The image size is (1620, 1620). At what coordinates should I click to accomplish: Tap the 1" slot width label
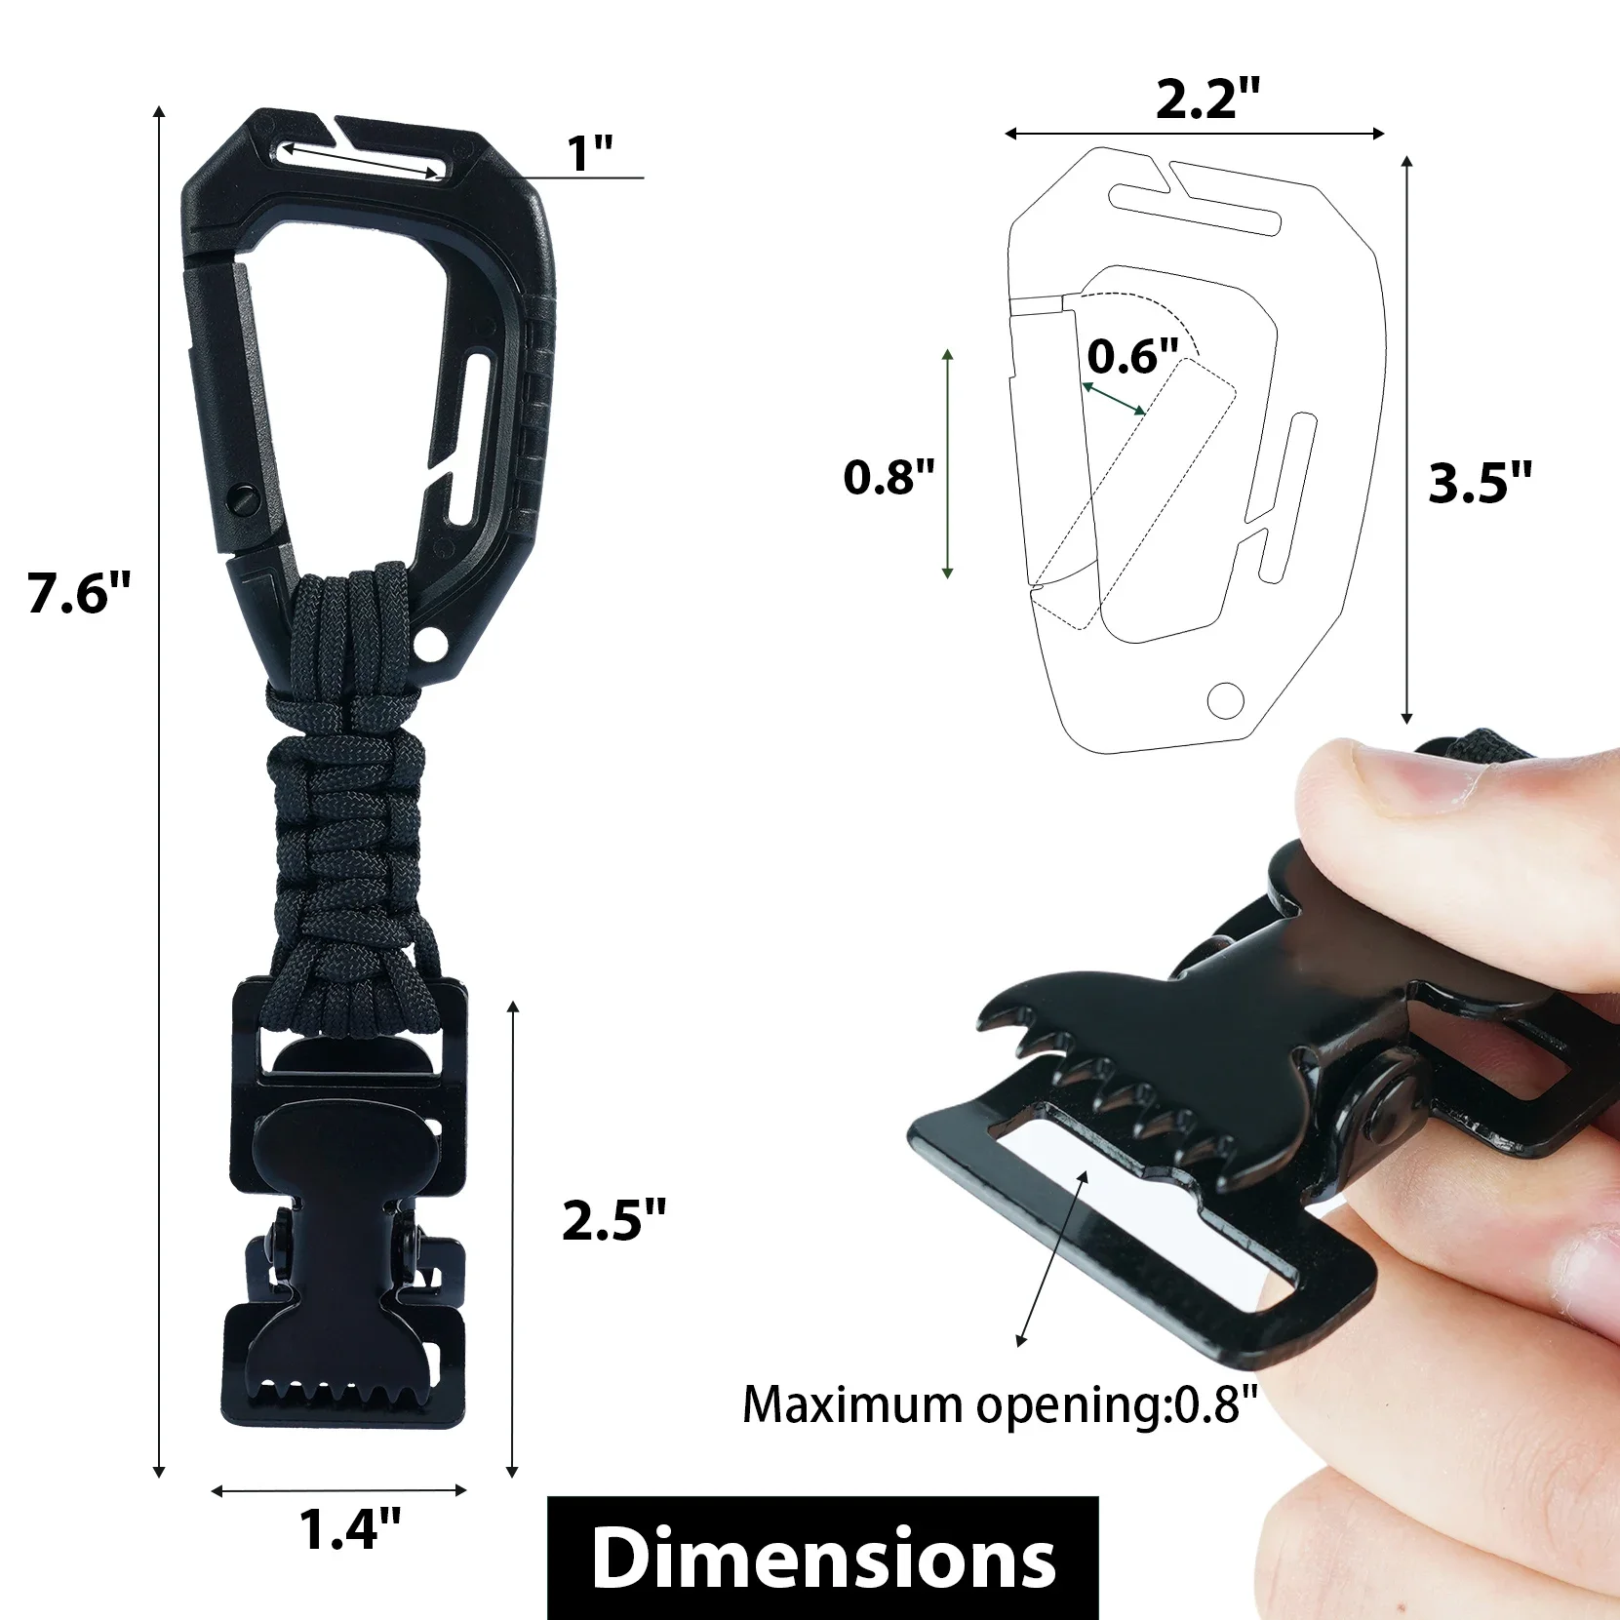point(590,153)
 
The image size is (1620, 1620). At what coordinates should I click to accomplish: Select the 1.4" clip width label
point(349,1528)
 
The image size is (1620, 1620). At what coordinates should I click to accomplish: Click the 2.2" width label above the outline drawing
point(1207,99)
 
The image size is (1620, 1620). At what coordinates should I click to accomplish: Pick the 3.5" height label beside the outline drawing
point(1480,482)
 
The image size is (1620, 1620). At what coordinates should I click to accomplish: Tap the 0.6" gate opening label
point(1132,357)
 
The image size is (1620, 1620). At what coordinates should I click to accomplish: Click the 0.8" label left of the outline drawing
point(889,477)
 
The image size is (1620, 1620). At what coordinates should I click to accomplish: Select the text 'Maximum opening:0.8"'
point(1000,1405)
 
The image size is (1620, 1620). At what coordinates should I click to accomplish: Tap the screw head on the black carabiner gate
point(237,498)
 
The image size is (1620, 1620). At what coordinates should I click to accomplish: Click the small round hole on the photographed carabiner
point(430,643)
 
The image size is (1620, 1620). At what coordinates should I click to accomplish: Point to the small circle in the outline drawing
point(1226,700)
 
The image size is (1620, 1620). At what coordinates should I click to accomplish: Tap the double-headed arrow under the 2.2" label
point(1194,134)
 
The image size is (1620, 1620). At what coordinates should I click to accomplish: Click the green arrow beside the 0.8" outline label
point(947,463)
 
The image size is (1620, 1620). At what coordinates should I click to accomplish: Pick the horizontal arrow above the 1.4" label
point(338,1490)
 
